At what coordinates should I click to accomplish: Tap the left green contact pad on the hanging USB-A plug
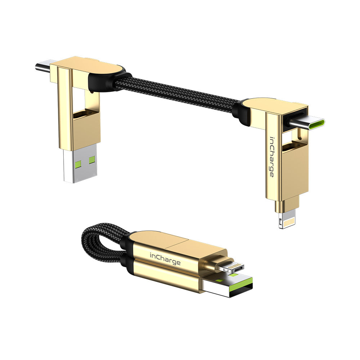coord(78,164)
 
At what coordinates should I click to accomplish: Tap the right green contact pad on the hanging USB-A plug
coord(92,159)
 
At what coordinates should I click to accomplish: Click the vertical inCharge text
coord(272,157)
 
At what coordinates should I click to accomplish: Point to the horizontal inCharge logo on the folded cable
coord(165,259)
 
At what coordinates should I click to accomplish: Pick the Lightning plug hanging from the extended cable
coord(287,220)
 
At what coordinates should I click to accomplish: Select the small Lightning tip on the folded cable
coord(231,267)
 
